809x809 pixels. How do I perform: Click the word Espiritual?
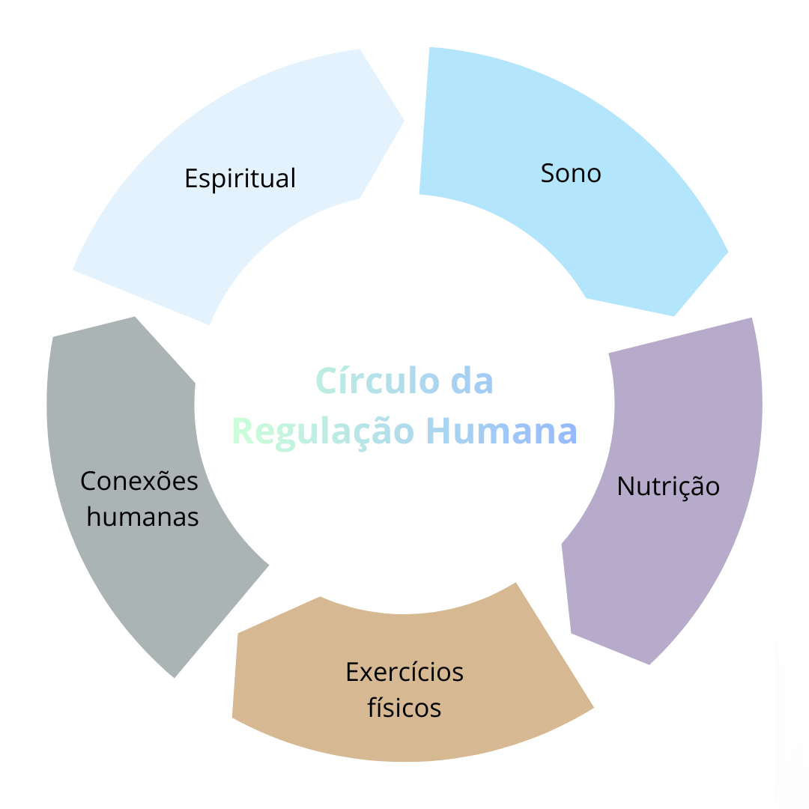pyautogui.click(x=240, y=179)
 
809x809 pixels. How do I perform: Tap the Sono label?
pyautogui.click(x=571, y=174)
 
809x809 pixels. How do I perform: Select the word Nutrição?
pyautogui.click(x=668, y=487)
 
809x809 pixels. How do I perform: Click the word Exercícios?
pyautogui.click(x=404, y=673)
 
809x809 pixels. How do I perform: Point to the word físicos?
pyautogui.click(x=404, y=708)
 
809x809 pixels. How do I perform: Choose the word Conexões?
pyautogui.click(x=139, y=481)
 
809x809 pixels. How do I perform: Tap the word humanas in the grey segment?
pyautogui.click(x=142, y=517)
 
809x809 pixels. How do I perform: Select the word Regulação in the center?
pyautogui.click(x=324, y=431)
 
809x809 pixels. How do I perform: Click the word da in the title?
pyautogui.click(x=472, y=381)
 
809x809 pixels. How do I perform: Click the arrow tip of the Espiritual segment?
pyautogui.click(x=403, y=120)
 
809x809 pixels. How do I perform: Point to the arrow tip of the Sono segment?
pyautogui.click(x=727, y=252)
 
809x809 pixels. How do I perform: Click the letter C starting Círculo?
pyautogui.click(x=324, y=381)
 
